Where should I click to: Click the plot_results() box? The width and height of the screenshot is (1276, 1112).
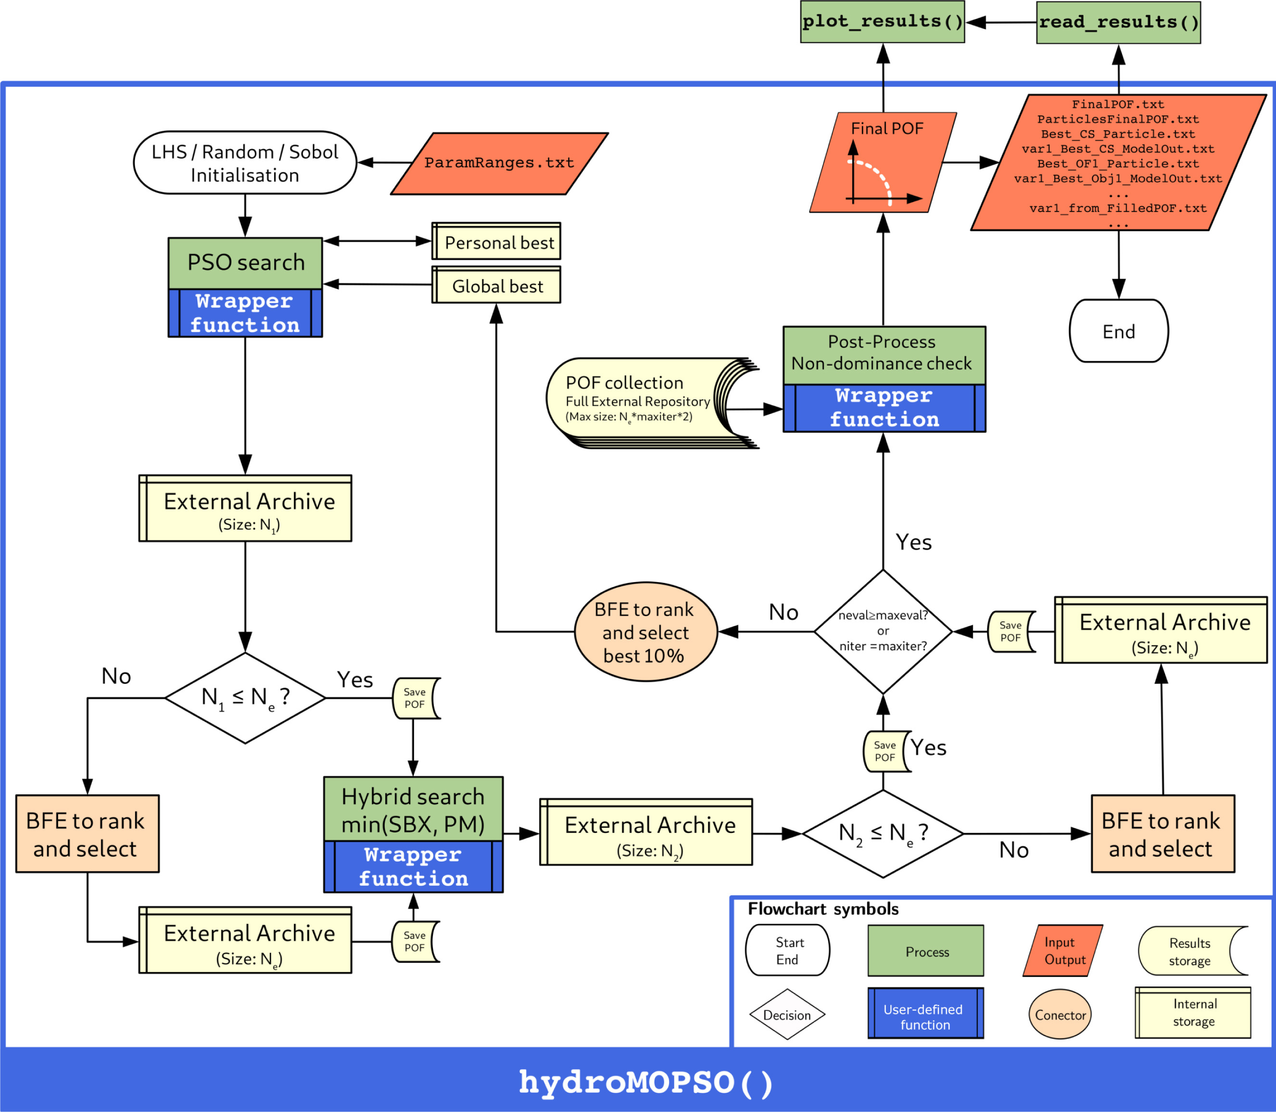tap(882, 22)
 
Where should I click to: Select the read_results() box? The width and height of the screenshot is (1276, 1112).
tap(1118, 22)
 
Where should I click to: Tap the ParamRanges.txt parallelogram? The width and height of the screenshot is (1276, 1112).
tap(499, 163)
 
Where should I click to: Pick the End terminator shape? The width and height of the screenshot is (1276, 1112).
tap(1118, 331)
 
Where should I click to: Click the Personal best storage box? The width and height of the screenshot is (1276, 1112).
tap(496, 242)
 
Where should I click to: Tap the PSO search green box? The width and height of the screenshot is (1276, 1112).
tap(245, 263)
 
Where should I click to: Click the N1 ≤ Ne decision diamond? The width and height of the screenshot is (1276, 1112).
tap(245, 697)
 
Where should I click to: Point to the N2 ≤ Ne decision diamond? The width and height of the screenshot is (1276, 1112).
tap(883, 834)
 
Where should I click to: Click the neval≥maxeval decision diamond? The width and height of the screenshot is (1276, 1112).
tap(883, 631)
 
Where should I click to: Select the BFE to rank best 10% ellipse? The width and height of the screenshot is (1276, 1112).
tap(645, 632)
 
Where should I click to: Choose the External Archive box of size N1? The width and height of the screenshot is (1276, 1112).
tap(245, 509)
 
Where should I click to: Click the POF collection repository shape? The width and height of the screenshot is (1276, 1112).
tap(639, 400)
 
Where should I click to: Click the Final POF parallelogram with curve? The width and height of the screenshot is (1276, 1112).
tap(883, 163)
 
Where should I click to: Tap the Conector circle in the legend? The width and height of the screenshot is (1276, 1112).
tap(1060, 1014)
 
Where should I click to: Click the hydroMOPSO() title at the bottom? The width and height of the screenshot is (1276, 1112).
tap(645, 1082)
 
